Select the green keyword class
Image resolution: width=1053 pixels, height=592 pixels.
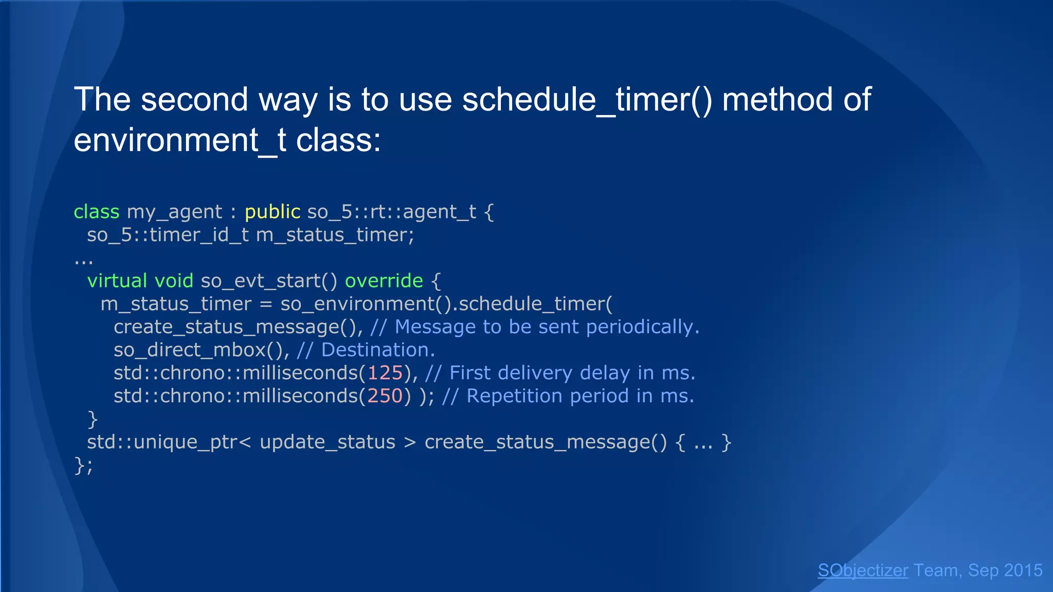coord(97,212)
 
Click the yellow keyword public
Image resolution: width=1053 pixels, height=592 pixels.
coord(273,212)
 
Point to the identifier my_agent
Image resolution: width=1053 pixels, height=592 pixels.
coord(174,212)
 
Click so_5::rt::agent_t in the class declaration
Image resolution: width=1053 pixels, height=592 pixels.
coord(392,212)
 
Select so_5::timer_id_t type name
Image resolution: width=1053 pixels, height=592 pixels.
coord(168,235)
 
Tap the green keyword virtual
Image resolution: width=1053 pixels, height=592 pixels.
coord(117,281)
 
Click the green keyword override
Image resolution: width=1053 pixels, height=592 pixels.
coord(384,281)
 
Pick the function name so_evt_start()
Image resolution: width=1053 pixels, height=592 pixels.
coord(269,281)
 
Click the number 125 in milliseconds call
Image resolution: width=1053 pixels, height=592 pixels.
coord(385,373)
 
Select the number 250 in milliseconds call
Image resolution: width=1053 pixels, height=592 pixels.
coord(385,396)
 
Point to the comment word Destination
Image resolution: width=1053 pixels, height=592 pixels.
coord(378,350)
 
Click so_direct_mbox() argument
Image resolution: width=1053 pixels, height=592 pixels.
coord(198,350)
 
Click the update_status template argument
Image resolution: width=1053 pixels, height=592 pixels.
coord(328,442)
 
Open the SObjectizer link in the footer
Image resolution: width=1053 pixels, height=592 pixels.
coord(863,570)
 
